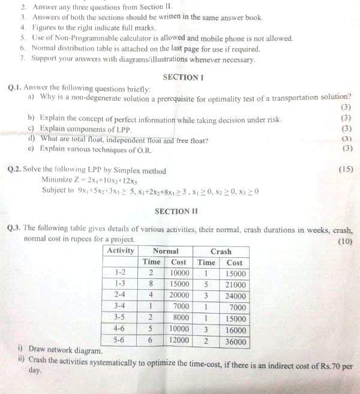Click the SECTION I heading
pos(184,77)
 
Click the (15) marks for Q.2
pos(346,169)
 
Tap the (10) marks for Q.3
pos(345,241)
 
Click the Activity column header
pos(121,251)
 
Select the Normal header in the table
pos(166,251)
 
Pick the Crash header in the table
pos(221,251)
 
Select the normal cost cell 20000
pos(179,295)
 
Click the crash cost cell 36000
pos(234,341)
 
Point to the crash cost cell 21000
pos(234,285)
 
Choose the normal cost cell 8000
pos(181,318)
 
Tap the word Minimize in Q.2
pos(59,180)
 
